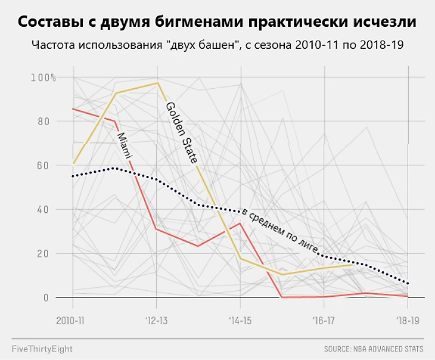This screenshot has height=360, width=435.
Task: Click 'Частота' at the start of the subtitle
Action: [50, 46]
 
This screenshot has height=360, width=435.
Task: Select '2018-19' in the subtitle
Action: [384, 46]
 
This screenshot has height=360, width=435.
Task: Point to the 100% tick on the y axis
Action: [43, 77]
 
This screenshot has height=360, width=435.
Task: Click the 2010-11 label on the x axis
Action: [70, 320]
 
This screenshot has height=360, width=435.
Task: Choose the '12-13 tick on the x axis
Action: [157, 320]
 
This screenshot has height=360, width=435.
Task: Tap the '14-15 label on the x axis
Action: [241, 320]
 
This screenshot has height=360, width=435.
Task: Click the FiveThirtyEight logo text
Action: [42, 348]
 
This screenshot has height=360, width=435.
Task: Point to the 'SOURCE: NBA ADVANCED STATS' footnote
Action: [374, 349]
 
